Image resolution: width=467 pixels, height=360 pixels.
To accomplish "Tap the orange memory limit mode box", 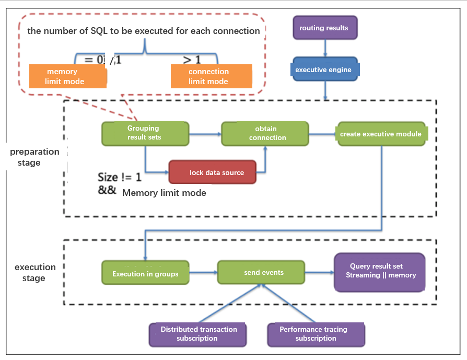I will click(x=68, y=77).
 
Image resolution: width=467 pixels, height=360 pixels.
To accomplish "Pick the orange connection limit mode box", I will click(x=211, y=76).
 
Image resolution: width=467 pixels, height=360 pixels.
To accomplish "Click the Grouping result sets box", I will click(x=145, y=133).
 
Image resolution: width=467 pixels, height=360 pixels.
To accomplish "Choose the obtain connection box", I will click(x=265, y=133).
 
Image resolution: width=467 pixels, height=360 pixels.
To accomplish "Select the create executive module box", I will click(x=381, y=134).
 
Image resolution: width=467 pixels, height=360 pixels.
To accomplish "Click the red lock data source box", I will click(x=213, y=172).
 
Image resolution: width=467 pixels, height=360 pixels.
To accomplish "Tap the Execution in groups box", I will click(x=145, y=273).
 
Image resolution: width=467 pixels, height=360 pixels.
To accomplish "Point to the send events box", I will click(x=261, y=273).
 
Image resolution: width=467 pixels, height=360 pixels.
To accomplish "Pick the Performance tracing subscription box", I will click(x=316, y=334).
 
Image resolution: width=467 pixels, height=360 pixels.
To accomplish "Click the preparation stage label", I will click(x=34, y=157).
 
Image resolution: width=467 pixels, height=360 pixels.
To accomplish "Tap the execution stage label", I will click(x=34, y=273).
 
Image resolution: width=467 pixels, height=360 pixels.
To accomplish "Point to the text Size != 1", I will click(x=120, y=177).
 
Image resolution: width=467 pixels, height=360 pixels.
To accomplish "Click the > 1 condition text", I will click(x=191, y=60).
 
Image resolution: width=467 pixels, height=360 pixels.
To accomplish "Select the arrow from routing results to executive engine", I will click(x=325, y=49).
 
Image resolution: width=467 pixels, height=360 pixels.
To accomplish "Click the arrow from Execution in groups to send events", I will click(x=203, y=273).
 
